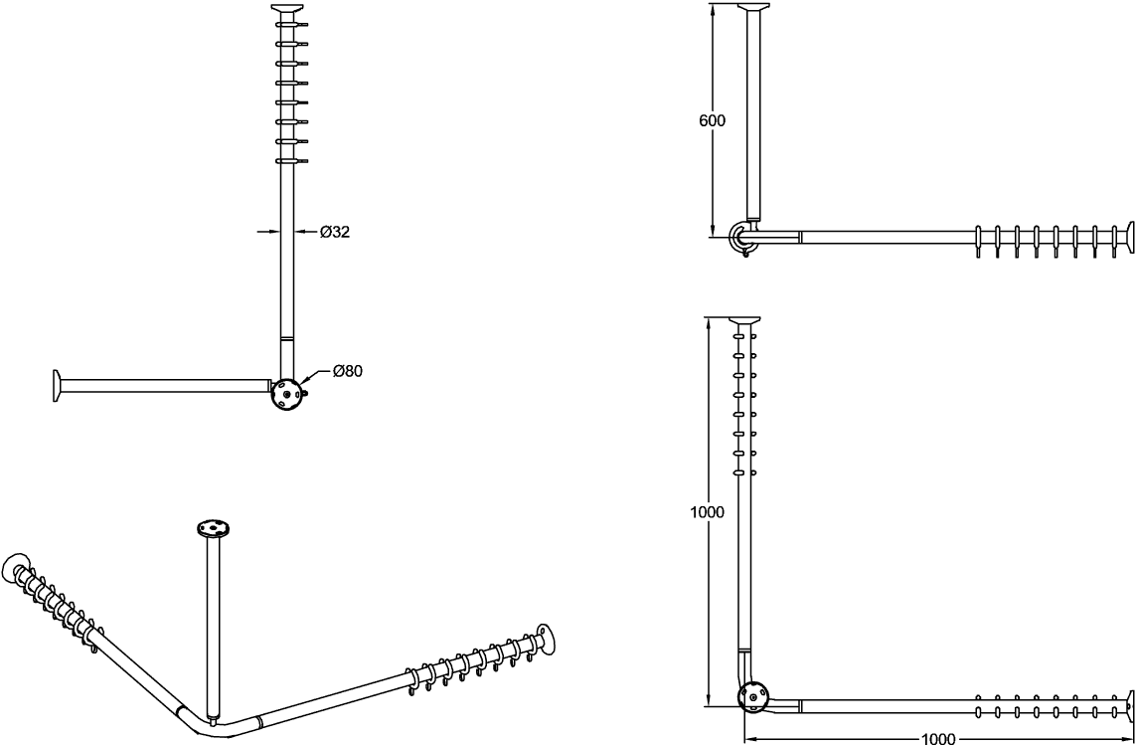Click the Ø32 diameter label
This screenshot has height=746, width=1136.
coord(335,232)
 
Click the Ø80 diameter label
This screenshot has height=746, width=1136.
coord(348,371)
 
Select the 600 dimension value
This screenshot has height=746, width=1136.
coord(712,121)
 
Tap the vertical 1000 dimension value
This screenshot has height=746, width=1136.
coord(707,512)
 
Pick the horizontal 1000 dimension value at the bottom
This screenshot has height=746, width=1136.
coord(937,739)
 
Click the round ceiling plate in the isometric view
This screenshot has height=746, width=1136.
coord(212,528)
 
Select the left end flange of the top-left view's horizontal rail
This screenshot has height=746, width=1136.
coord(58,385)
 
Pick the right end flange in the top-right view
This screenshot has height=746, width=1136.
coord(1128,237)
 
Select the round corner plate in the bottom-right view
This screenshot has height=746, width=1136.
coord(752,696)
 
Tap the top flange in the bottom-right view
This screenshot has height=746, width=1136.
coord(744,319)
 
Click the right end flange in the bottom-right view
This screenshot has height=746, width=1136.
coord(1129,704)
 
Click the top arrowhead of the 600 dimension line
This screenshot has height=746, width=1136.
coord(713,9)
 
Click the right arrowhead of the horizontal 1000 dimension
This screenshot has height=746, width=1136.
coord(1128,739)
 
